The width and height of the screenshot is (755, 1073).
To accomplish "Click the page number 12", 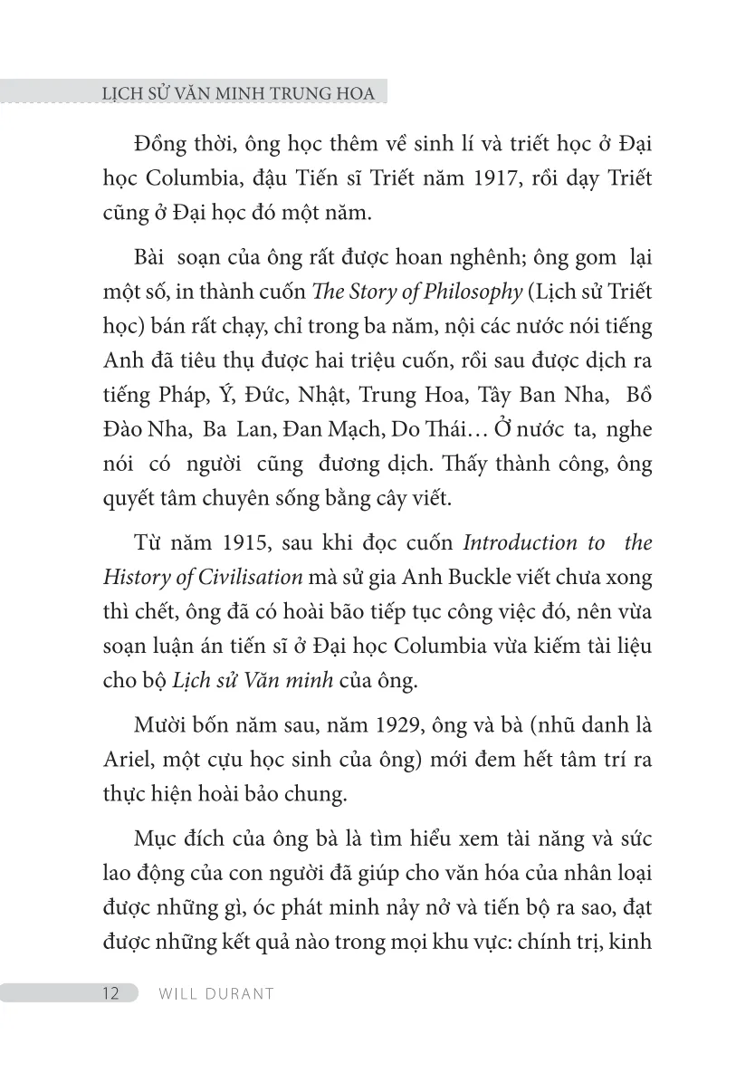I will (110, 992).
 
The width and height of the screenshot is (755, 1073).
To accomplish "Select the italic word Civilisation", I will (251, 577).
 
